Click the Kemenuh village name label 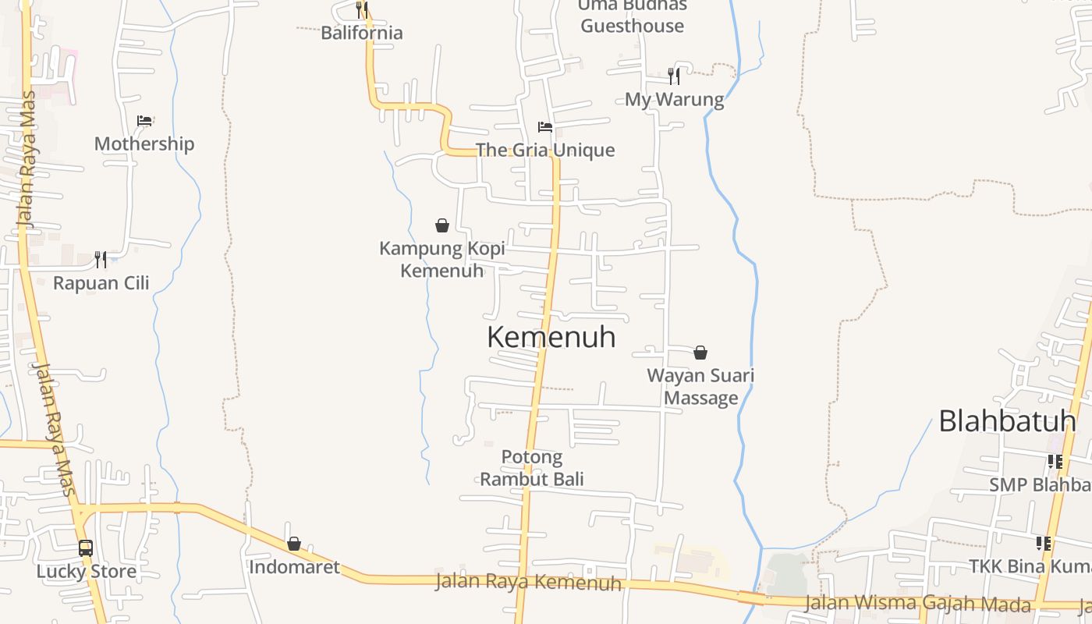click(551, 337)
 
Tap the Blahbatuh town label click(1007, 421)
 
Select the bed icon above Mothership click(144, 121)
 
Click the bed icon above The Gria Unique click(545, 127)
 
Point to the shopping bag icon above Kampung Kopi click(442, 225)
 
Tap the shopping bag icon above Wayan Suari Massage click(700, 353)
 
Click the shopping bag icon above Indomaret click(294, 544)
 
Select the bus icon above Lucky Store click(86, 548)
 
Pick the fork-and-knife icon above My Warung click(674, 76)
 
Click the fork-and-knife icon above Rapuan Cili click(101, 259)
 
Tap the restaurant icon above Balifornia click(362, 9)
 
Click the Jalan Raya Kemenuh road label click(528, 582)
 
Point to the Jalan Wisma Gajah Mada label click(917, 603)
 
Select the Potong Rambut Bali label click(532, 467)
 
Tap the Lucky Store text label click(87, 571)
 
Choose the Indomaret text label click(294, 567)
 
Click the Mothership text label click(144, 144)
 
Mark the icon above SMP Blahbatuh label click(1055, 462)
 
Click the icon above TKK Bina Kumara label click(1044, 543)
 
